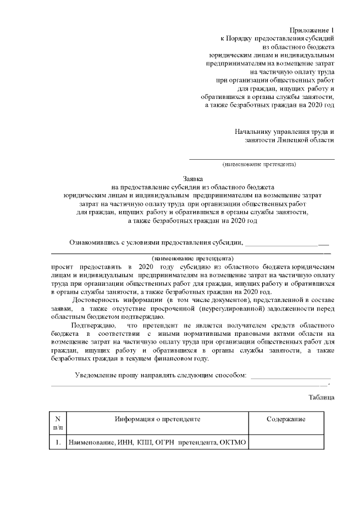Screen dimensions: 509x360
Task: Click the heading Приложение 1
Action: [x=312, y=29]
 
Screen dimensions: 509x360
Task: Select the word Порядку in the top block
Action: [x=240, y=38]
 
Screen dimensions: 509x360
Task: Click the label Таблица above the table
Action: [x=322, y=398]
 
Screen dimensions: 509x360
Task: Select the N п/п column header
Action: [x=57, y=424]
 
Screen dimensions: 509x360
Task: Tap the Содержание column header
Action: [x=286, y=420]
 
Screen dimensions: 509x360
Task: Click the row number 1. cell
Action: [x=57, y=443]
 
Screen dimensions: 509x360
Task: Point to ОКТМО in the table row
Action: [x=233, y=443]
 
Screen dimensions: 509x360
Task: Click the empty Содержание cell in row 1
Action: [x=286, y=443]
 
